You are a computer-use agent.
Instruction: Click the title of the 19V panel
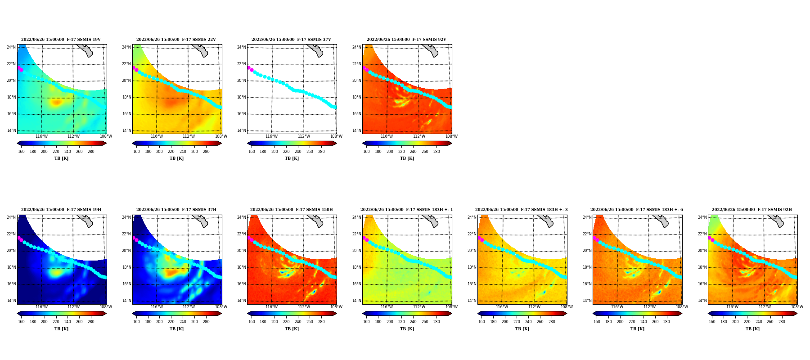pos(61,40)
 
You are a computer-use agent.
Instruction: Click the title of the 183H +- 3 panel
pos(522,210)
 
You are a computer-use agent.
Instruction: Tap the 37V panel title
pos(291,40)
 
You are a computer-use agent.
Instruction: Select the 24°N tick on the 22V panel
pos(126,47)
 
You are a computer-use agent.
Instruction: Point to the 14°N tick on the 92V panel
pos(356,130)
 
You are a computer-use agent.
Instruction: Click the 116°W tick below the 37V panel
pos(272,136)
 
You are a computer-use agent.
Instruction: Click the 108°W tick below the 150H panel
pos(336,307)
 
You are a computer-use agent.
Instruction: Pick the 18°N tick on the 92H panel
pos(702,267)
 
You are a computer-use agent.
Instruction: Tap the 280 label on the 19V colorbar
pos(91,152)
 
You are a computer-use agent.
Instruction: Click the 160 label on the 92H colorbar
pos(712,322)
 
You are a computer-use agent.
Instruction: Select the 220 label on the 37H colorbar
pos(171,322)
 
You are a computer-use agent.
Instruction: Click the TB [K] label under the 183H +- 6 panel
pos(637,329)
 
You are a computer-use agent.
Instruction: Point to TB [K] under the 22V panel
pos(176,158)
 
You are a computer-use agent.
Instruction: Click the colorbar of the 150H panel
pos(292,314)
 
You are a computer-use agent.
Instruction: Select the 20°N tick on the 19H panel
pos(11,251)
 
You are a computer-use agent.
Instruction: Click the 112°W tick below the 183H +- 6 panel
pos(649,307)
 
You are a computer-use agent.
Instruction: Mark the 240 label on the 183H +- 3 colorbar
pos(528,322)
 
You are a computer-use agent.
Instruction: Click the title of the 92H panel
pos(752,210)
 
